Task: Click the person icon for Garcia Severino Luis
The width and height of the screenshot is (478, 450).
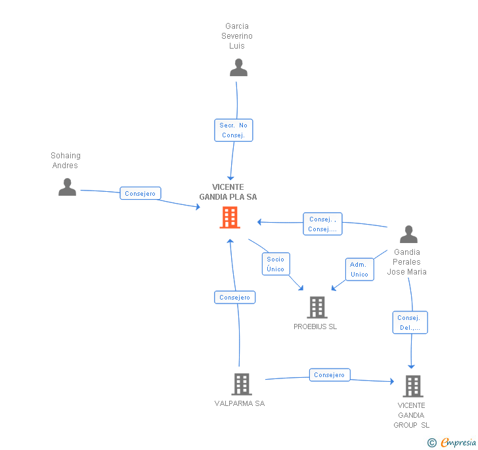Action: (238, 67)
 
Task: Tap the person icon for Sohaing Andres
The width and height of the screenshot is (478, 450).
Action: (67, 187)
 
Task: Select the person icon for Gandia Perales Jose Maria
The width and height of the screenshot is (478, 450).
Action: (408, 235)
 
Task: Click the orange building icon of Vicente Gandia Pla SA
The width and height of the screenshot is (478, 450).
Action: (229, 217)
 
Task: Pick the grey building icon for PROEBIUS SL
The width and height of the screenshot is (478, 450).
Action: (316, 307)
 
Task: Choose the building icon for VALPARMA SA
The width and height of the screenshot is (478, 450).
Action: (241, 384)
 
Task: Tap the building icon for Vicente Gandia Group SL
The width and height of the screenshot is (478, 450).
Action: (412, 386)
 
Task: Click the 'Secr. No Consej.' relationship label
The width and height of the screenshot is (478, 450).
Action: (233, 130)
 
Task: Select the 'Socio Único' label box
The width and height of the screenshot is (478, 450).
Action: (276, 264)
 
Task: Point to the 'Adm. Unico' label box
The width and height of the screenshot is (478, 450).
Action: (359, 269)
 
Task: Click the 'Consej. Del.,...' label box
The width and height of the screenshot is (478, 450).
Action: (410, 323)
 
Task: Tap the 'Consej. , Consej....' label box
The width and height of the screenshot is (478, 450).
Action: (322, 224)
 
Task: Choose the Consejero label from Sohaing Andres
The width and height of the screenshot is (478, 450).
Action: (141, 194)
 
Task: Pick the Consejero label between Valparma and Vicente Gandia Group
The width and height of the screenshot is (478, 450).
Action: (329, 375)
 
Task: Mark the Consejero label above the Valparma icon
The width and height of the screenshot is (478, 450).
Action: (234, 298)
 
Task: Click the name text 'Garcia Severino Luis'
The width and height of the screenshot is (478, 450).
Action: (236, 36)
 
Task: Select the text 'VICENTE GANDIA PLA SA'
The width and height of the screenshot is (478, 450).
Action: (228, 192)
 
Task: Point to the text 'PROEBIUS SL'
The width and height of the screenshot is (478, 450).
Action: (315, 326)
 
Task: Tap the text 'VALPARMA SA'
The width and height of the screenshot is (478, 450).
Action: (239, 403)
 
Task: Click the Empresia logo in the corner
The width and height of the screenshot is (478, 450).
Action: (452, 443)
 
